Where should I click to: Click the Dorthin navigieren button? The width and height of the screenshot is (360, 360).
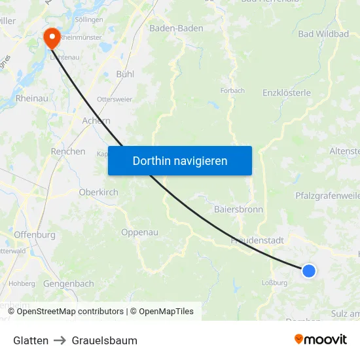pyautogui.click(x=180, y=160)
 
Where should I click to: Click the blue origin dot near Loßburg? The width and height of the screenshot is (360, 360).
pyautogui.click(x=308, y=270)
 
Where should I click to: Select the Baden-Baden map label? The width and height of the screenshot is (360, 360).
pyautogui.click(x=176, y=28)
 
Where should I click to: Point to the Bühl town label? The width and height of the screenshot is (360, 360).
pyautogui.click(x=125, y=74)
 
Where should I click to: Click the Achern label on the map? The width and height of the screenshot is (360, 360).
pyautogui.click(x=96, y=120)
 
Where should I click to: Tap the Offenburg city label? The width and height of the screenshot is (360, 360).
pyautogui.click(x=33, y=234)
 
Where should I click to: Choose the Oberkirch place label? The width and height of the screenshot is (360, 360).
pyautogui.click(x=98, y=192)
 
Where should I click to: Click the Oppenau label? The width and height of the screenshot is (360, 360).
pyautogui.click(x=140, y=232)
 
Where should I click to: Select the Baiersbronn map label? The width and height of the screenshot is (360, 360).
pyautogui.click(x=238, y=209)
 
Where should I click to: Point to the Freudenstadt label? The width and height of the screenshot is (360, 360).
pyautogui.click(x=257, y=240)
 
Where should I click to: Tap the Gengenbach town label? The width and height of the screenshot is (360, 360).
pyautogui.click(x=69, y=283)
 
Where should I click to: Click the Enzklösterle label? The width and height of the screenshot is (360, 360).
pyautogui.click(x=287, y=92)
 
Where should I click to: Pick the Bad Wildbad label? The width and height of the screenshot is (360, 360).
pyautogui.click(x=323, y=33)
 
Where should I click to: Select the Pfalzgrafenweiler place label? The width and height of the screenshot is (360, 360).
pyautogui.click(x=327, y=195)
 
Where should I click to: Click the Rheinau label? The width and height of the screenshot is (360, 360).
pyautogui.click(x=31, y=98)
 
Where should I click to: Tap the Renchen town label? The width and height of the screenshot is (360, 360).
pyautogui.click(x=68, y=151)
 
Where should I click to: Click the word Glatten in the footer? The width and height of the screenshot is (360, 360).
pyautogui.click(x=31, y=340)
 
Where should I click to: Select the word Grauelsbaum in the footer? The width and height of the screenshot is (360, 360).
pyautogui.click(x=105, y=340)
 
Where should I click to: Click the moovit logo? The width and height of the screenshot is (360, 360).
pyautogui.click(x=320, y=339)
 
